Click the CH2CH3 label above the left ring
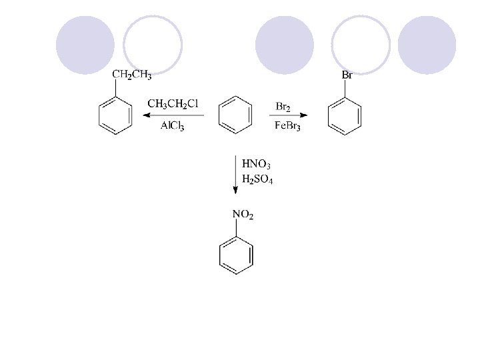(131, 75)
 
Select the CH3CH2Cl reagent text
(173, 103)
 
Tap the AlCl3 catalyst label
(173, 127)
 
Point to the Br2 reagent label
(283, 107)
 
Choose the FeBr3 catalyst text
(287, 127)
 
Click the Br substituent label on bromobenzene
(347, 75)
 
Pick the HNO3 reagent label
(257, 163)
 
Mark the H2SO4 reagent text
(257, 180)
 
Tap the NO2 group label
(242, 215)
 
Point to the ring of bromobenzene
(345, 117)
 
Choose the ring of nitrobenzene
(236, 254)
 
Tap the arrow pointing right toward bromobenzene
(288, 116)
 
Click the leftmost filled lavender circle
(85, 45)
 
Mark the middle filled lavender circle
(285, 45)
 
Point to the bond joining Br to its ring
(345, 89)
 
